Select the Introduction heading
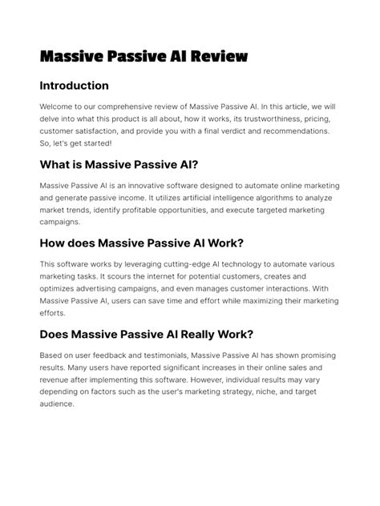[x=74, y=86]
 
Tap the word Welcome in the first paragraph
[x=58, y=106]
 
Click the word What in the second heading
[x=55, y=165]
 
